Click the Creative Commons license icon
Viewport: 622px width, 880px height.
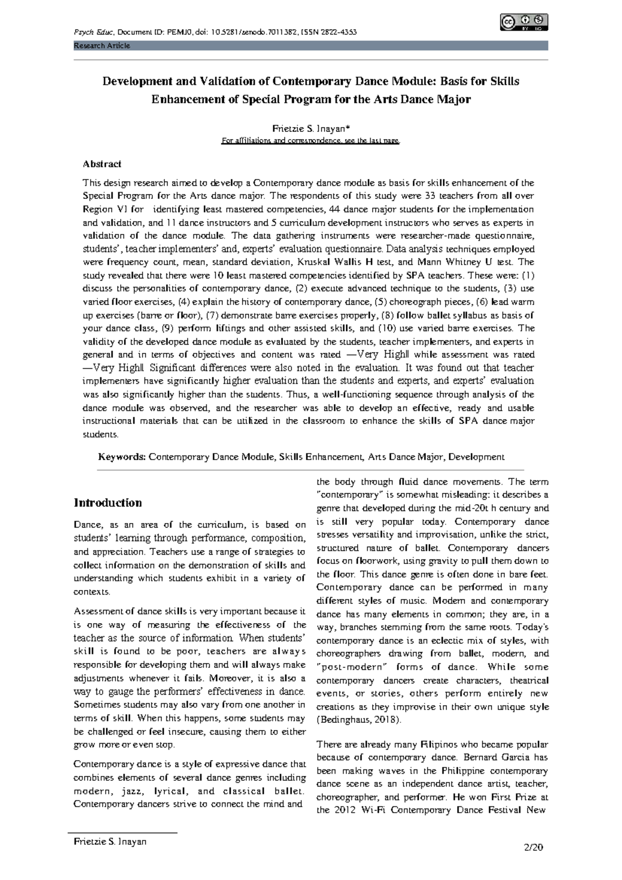tap(524, 22)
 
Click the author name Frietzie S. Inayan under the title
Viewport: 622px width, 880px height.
tap(310, 128)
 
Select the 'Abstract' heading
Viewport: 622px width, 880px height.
tap(102, 164)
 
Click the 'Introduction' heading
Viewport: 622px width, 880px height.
tap(108, 503)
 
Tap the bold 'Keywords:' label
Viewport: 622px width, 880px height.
tap(122, 457)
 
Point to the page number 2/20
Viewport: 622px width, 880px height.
tap(533, 848)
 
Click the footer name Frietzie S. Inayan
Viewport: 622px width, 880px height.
tap(110, 842)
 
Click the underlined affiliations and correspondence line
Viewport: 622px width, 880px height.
tap(310, 141)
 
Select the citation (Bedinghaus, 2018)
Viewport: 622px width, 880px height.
tap(358, 720)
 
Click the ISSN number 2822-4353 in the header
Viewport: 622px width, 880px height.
tap(337, 33)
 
